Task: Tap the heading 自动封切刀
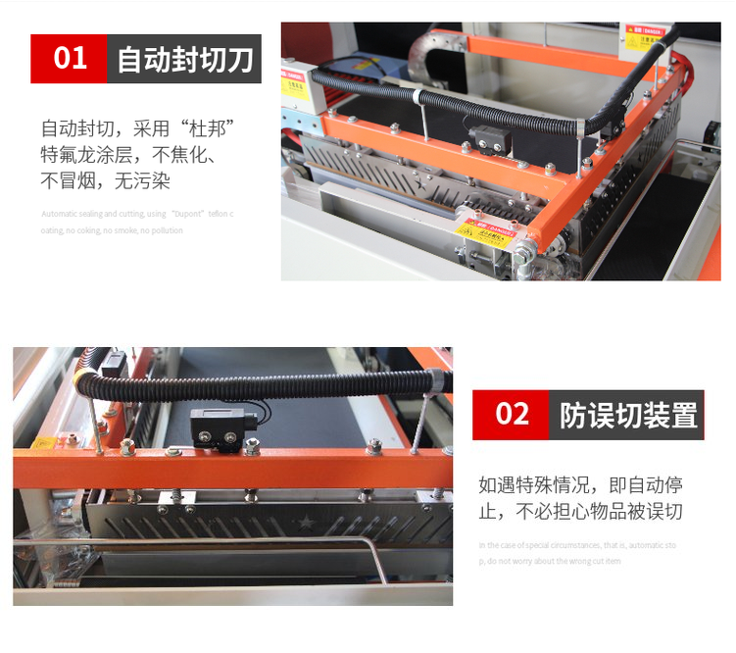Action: pos(184,59)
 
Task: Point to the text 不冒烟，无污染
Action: pos(112,180)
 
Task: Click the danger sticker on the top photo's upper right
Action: pos(642,38)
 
